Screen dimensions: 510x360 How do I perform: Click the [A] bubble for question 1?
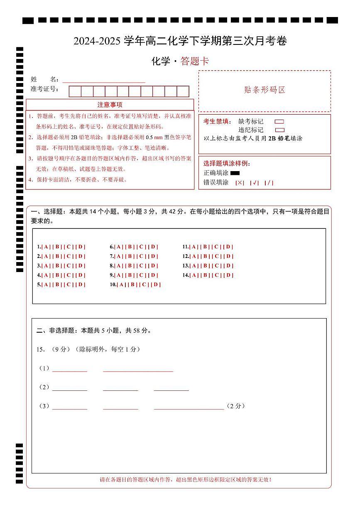pyautogui.click(x=46, y=247)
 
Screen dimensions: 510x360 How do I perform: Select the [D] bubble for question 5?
pyautogui.click(x=81, y=285)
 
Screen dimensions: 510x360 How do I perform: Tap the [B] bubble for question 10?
pyautogui.click(x=132, y=285)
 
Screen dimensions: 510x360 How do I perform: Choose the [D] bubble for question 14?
pyautogui.click(x=228, y=275)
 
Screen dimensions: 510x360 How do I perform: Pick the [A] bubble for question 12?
pyautogui.click(x=193, y=256)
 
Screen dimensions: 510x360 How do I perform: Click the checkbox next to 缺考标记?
pyautogui.click(x=279, y=122)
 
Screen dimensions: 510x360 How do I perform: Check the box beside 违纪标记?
pyautogui.click(x=279, y=130)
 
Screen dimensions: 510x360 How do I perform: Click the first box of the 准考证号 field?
pyautogui.click(x=75, y=91)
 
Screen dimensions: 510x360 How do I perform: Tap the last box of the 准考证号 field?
pyautogui.click(x=183, y=91)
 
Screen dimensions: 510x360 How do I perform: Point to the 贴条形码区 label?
pyautogui.click(x=264, y=90)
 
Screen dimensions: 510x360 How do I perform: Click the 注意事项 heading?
pyautogui.click(x=110, y=105)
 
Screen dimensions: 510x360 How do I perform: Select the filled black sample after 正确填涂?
pyautogui.click(x=235, y=173)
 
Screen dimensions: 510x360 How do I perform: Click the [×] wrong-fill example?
pyautogui.click(x=240, y=183)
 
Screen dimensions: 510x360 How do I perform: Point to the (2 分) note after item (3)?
pyautogui.click(x=236, y=406)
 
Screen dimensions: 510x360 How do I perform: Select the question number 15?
pyautogui.click(x=40, y=350)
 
